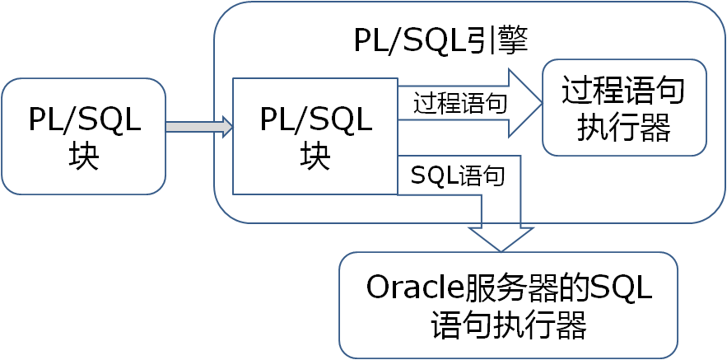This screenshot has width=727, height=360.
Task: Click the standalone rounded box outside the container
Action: pyautogui.click(x=83, y=136)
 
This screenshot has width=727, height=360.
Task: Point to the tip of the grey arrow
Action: pyautogui.click(x=234, y=127)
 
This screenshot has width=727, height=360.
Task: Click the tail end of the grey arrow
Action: pyautogui.click(x=167, y=127)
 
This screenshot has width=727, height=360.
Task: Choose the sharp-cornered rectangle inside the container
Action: pyautogui.click(x=315, y=136)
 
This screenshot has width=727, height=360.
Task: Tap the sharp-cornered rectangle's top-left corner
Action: pyautogui.click(x=234, y=79)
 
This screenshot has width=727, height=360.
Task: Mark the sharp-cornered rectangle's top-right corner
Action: pyautogui.click(x=398, y=79)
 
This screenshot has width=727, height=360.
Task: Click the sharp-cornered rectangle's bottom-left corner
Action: pyautogui.click(x=234, y=194)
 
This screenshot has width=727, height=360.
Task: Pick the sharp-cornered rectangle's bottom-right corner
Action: pyautogui.click(x=398, y=194)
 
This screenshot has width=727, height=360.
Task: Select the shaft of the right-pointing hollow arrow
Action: pyautogui.click(x=453, y=104)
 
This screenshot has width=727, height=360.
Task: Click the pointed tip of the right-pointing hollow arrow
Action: pyautogui.click(x=542, y=104)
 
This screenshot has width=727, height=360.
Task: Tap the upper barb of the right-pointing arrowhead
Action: pyautogui.click(x=510, y=69)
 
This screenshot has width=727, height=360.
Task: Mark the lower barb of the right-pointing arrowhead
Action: pyautogui.click(x=510, y=138)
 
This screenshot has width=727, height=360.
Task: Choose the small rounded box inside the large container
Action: pyautogui.click(x=624, y=107)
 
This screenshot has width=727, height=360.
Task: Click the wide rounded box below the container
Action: pyautogui.click(x=508, y=305)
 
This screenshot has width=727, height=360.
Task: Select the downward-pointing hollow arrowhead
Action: pyautogui.click(x=501, y=237)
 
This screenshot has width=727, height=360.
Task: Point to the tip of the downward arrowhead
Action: pyautogui.click(x=501, y=252)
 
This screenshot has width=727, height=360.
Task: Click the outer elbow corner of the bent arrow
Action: pyautogui.click(x=521, y=154)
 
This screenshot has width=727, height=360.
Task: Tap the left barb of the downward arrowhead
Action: pyautogui.click(x=468, y=227)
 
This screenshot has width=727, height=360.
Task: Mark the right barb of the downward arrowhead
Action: pyautogui.click(x=534, y=227)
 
